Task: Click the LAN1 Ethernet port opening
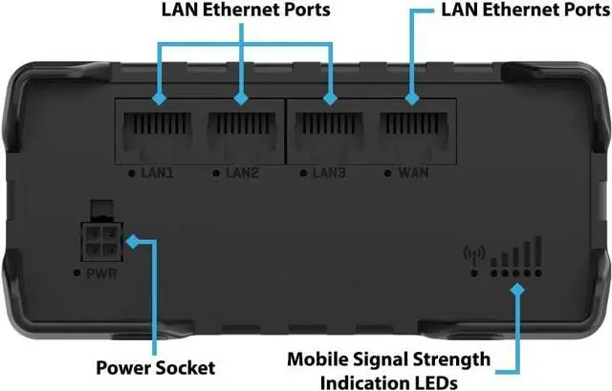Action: [159, 133]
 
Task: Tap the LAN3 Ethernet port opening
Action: [329, 133]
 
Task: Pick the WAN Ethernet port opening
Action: [411, 133]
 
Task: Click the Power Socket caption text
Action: [156, 367]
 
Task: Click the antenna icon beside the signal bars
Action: [468, 254]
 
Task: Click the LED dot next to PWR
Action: [76, 274]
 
